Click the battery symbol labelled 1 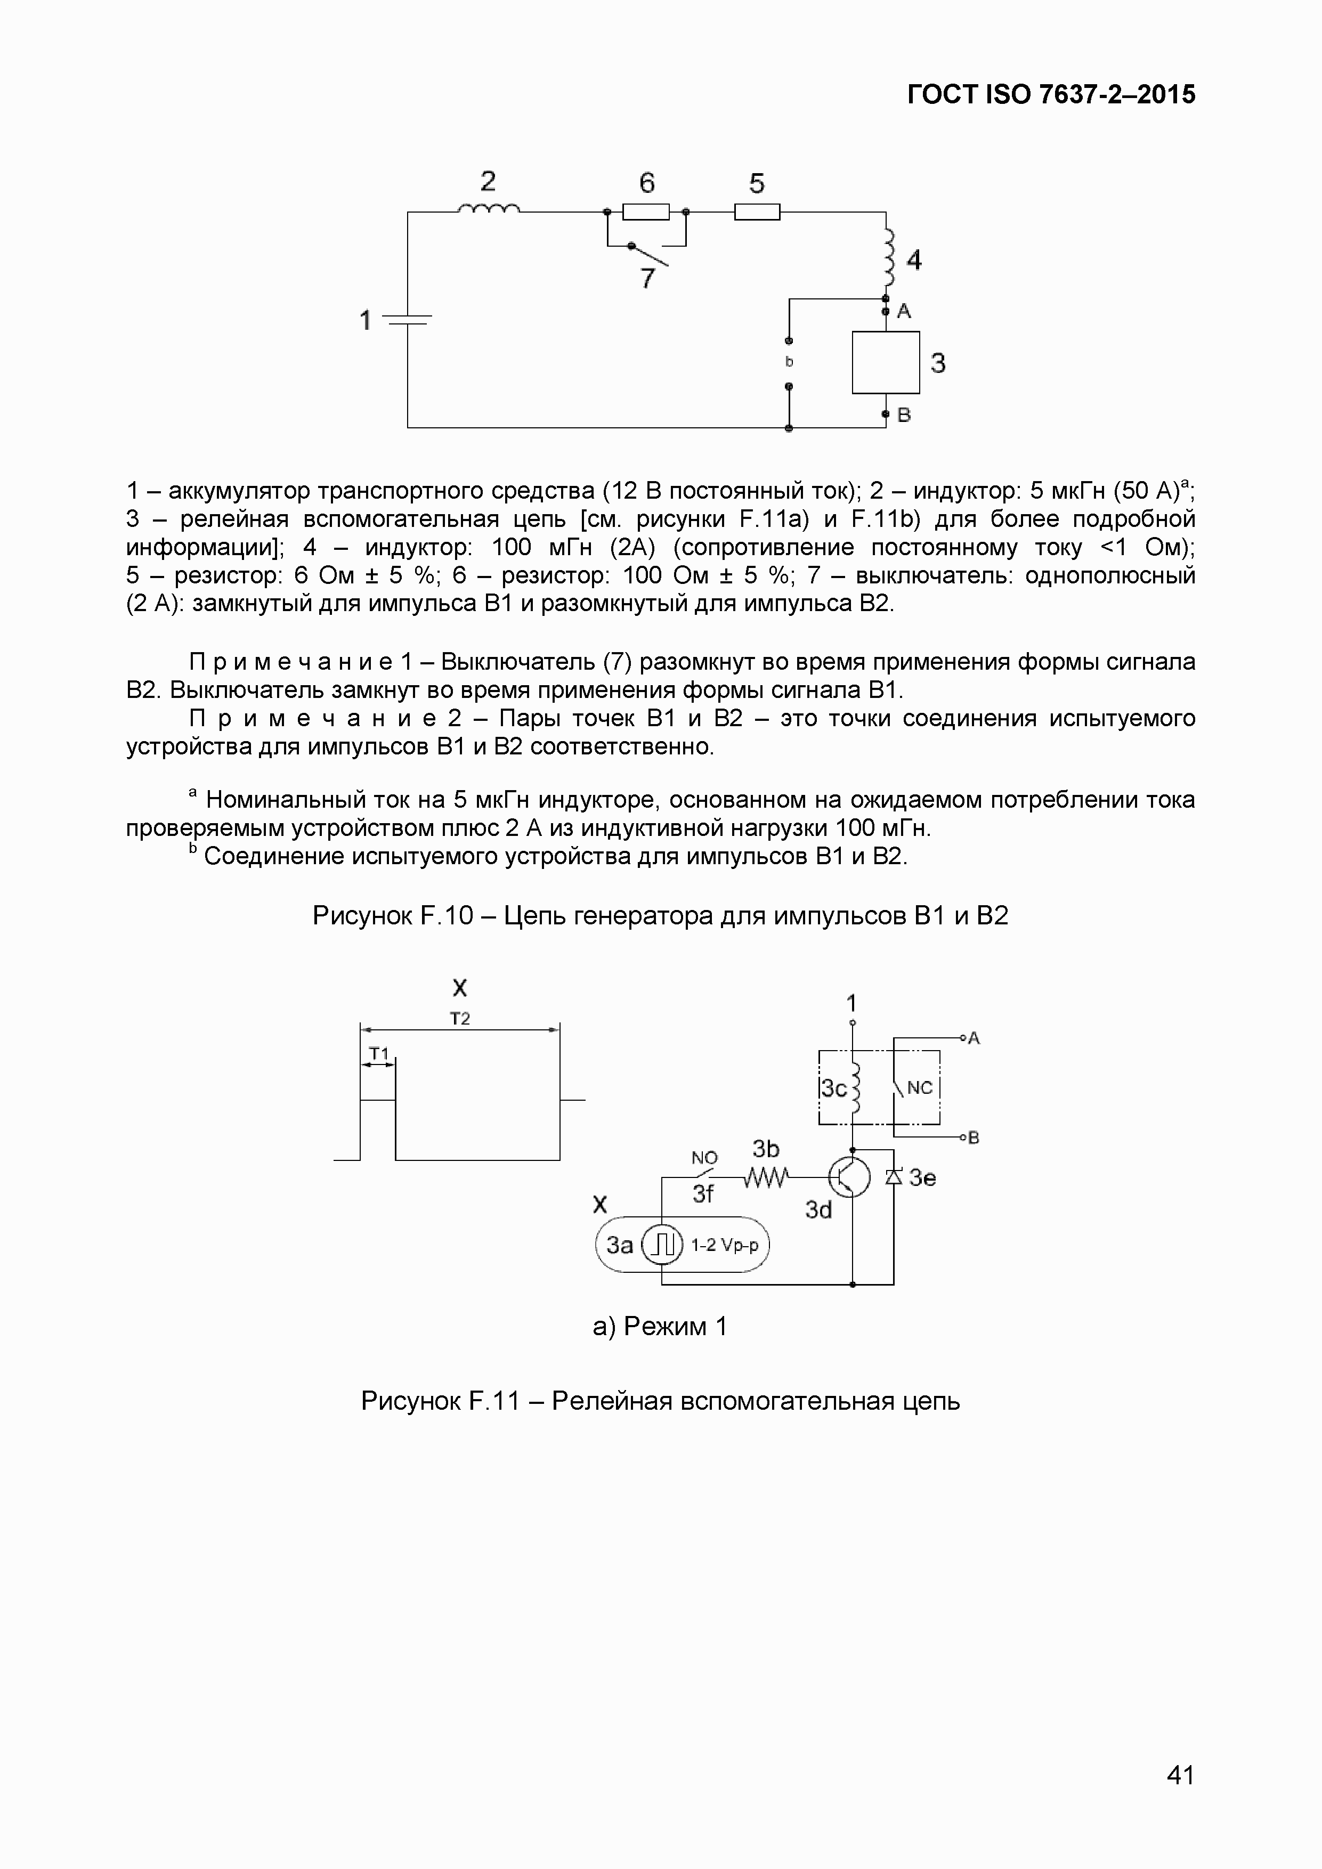[407, 320]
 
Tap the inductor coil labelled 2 [489, 209]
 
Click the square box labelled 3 [886, 362]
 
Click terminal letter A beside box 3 [904, 312]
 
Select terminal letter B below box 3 [904, 415]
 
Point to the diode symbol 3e [894, 1176]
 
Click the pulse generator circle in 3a [663, 1245]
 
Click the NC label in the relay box [919, 1087]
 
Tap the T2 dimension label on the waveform [460, 1018]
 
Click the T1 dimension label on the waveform [378, 1053]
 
